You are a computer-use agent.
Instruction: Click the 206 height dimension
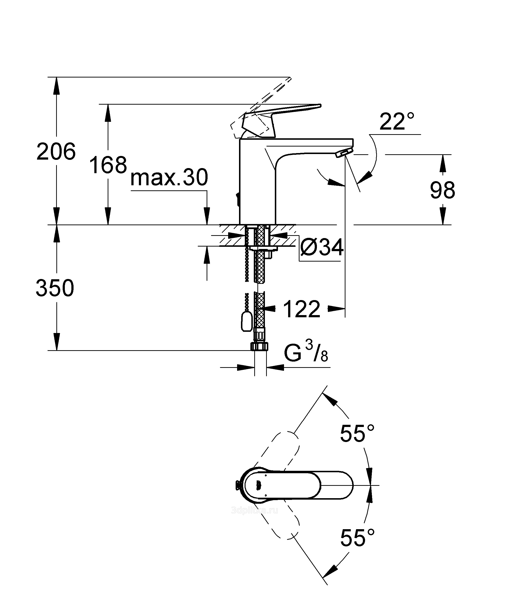pyautogui.click(x=56, y=152)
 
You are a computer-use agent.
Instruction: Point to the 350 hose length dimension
pyautogui.click(x=55, y=288)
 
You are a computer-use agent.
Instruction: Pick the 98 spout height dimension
pyautogui.click(x=442, y=190)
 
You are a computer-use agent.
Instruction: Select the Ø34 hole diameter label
pyautogui.click(x=322, y=248)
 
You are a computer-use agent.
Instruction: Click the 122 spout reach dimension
pyautogui.click(x=302, y=309)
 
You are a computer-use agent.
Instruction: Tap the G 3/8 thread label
pyautogui.click(x=306, y=353)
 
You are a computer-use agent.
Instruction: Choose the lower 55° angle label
pyautogui.click(x=357, y=537)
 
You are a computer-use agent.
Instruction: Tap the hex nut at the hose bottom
pyautogui.click(x=259, y=347)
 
